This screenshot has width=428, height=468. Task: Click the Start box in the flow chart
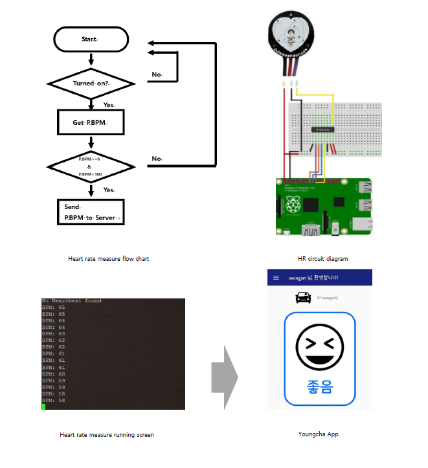90,39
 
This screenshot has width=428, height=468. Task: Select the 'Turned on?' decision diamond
91,84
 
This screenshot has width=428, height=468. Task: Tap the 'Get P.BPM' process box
91,122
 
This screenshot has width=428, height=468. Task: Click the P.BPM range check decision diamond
91,166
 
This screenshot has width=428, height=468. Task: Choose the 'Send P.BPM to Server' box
91,212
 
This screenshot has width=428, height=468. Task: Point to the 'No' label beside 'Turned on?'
157,74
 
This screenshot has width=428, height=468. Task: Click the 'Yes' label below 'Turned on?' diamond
109,105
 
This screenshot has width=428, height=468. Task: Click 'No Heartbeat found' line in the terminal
71,301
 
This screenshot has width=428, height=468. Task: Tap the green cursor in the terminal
43,406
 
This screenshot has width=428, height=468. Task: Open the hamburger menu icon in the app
276,278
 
